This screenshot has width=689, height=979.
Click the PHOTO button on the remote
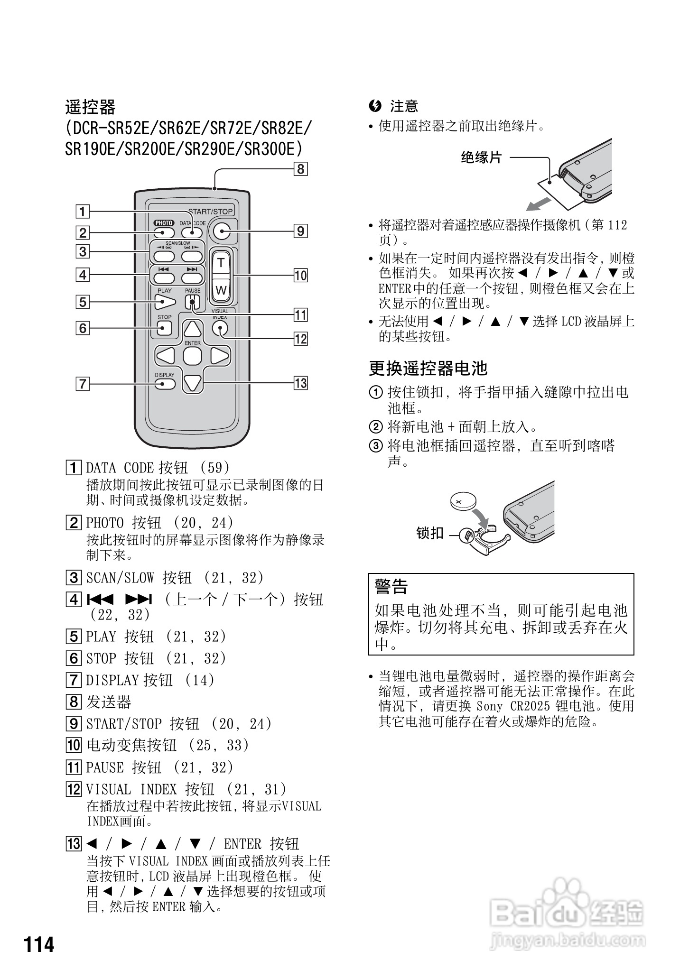(x=164, y=232)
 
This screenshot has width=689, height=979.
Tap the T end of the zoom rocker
(x=221, y=263)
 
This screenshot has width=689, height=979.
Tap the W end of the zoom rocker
(x=221, y=290)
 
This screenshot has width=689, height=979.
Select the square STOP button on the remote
(x=164, y=328)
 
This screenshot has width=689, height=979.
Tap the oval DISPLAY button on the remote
(x=164, y=383)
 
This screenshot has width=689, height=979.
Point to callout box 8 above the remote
(x=300, y=169)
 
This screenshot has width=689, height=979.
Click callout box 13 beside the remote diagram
(x=300, y=383)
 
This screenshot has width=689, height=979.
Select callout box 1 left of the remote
(x=83, y=211)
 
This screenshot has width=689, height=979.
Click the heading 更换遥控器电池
(x=428, y=368)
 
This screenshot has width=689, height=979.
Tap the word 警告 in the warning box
(x=391, y=587)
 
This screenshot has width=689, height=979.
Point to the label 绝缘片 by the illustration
(x=481, y=157)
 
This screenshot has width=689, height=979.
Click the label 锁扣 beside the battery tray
(x=429, y=533)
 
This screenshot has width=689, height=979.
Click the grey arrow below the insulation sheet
(x=539, y=204)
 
